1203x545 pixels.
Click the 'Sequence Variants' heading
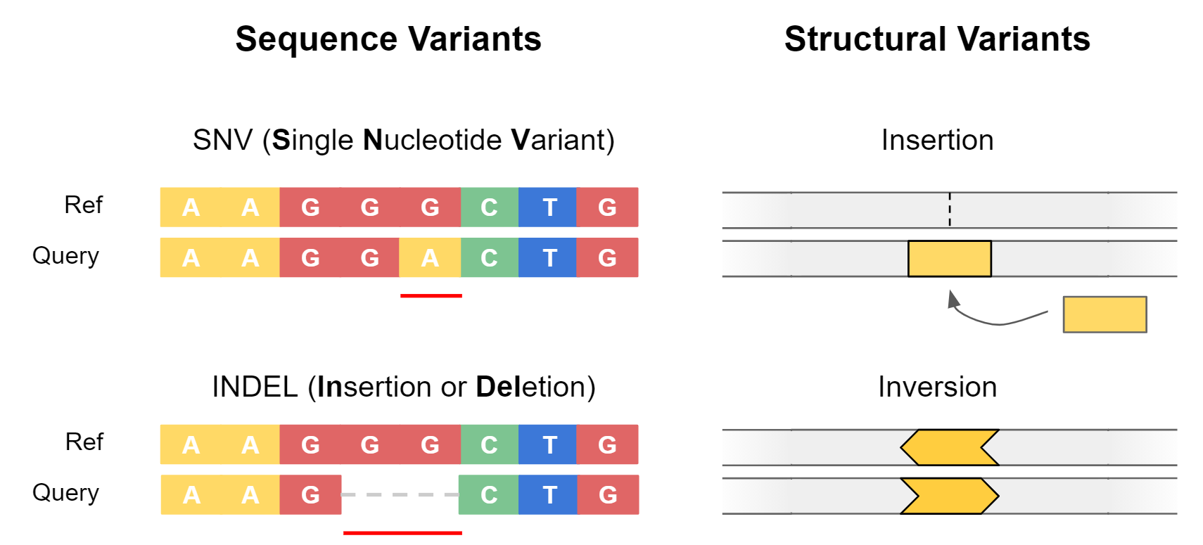pos(388,39)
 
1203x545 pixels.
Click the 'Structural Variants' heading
pos(937,39)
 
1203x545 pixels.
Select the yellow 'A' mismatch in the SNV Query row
pos(430,257)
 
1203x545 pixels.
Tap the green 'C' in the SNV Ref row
pos(489,207)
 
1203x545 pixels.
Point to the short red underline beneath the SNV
pos(431,296)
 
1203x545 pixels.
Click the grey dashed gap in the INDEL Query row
pos(400,494)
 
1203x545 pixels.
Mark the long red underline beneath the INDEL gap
pos(402,533)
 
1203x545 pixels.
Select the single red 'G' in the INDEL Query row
pos(310,494)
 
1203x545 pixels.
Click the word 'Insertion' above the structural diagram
pos(937,140)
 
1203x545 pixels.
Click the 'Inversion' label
pos(937,387)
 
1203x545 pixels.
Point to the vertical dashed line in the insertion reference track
pos(950,210)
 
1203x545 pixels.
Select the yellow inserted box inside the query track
pos(950,258)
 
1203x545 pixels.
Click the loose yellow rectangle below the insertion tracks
pos(1105,314)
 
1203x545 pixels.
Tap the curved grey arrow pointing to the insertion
pos(992,321)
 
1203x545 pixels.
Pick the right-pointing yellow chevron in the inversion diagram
pos(950,496)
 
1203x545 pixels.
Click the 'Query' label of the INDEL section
pos(65,493)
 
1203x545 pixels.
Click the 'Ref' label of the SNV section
pos(83,205)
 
